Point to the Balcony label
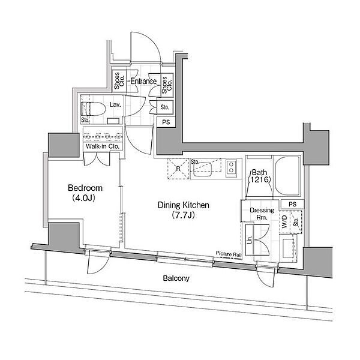click(176, 278)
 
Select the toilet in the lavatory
click(93, 109)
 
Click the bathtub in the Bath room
click(287, 176)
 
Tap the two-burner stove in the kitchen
click(231, 167)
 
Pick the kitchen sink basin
click(202, 169)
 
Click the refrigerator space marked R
click(178, 169)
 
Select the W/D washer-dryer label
click(284, 221)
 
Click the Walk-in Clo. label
click(103, 146)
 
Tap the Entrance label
click(143, 81)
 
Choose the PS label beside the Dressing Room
click(293, 204)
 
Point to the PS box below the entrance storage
click(166, 122)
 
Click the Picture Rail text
click(229, 254)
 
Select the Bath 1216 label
click(259, 176)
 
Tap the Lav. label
click(115, 105)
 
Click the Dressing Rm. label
click(262, 214)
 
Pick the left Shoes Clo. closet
click(119, 80)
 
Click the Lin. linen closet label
click(250, 240)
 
